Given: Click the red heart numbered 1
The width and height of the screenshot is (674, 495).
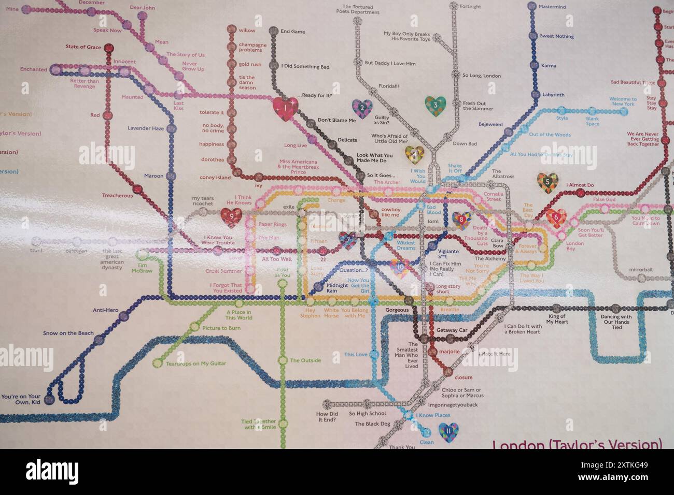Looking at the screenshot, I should coord(285,109).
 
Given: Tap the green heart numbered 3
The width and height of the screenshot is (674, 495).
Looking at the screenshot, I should coord(435,106).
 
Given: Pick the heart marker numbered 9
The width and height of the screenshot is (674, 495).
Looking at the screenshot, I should coord(231,217).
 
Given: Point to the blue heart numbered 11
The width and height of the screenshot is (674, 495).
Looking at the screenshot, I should coord(448,432).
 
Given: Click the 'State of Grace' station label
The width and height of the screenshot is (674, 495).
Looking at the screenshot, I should coord(83,47).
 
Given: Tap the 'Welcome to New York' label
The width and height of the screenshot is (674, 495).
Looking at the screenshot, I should coord(623,101).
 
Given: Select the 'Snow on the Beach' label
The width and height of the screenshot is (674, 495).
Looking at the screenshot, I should coord(68,333).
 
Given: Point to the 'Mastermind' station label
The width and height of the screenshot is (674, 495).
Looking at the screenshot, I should coord(552,7).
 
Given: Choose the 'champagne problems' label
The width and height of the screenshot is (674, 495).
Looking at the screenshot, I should coord(252,48).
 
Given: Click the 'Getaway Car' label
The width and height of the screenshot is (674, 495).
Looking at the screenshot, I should coord(452,330).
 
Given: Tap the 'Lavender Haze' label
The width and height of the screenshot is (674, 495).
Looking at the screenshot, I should coord(146,128).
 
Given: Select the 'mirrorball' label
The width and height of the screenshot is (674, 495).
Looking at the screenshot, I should coord(641,270).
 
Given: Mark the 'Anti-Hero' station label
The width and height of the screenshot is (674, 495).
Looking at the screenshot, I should coord(105,311).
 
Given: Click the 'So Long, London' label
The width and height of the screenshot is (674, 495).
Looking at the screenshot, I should coord(481,76).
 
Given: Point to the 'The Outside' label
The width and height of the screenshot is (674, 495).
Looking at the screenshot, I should coord(305,361).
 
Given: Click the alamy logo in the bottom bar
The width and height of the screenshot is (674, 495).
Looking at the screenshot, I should coord(52,472).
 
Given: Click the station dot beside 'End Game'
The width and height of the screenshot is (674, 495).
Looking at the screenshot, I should coord(273,32).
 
